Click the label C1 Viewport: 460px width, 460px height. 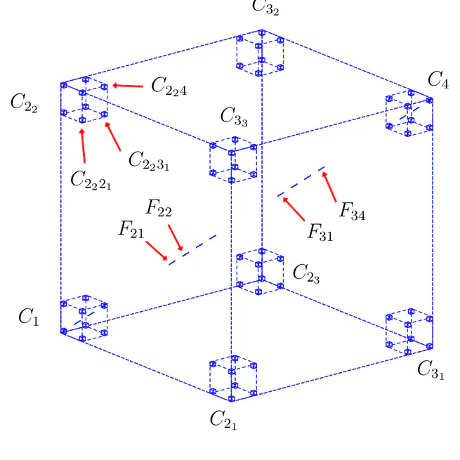tap(28, 318)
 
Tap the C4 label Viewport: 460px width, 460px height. tap(438, 81)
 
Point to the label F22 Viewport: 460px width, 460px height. tap(159, 208)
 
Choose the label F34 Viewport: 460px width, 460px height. tap(352, 211)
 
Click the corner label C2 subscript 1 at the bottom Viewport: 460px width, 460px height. tap(225, 419)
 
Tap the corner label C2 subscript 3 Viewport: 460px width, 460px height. tap(306, 273)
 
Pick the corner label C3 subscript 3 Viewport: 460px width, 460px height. tap(234, 117)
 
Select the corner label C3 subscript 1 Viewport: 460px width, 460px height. tap(431, 369)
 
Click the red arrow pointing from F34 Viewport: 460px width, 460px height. tap(330, 186)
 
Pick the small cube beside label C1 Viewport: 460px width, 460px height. tap(84, 317)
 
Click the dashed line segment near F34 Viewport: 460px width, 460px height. tap(301, 180)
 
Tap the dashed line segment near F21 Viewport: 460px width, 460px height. tap(192, 249)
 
